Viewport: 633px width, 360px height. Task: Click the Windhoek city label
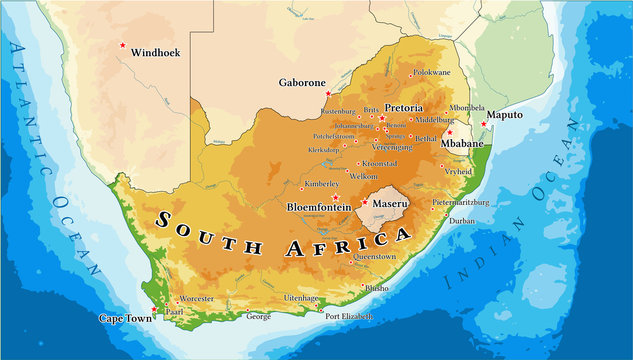[156, 52]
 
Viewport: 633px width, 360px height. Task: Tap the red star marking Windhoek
[123, 44]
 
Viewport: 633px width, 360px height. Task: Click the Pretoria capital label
[404, 107]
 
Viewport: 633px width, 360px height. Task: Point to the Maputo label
[505, 116]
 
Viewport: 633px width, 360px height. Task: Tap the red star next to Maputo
[484, 124]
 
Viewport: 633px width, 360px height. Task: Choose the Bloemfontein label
[317, 207]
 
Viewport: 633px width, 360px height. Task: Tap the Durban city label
[461, 220]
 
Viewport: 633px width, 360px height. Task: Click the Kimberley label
[322, 185]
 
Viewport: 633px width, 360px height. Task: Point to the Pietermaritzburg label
[461, 202]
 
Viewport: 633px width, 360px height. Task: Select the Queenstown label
[375, 256]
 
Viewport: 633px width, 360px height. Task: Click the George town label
[258, 316]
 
